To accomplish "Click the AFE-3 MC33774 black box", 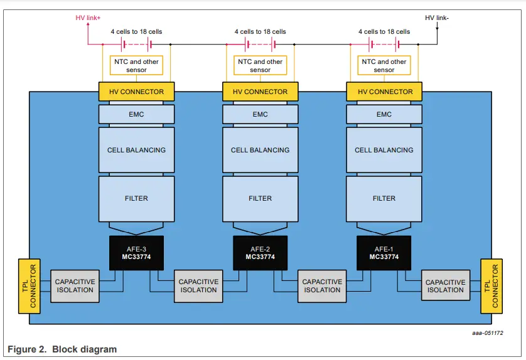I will (x=136, y=253).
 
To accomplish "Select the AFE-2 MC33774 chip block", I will (x=260, y=253).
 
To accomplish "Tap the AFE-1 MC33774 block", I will (x=384, y=253).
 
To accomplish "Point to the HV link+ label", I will (x=88, y=18).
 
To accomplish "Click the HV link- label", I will (x=437, y=18).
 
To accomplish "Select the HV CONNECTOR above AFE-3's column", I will (x=136, y=92).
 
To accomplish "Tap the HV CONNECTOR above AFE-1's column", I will (x=384, y=92).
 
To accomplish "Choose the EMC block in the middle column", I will (x=260, y=114).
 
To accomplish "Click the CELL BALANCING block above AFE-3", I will (x=136, y=150).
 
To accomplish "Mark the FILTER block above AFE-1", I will (x=384, y=198).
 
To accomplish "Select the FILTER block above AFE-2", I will (x=260, y=198).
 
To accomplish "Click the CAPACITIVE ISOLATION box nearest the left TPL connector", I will (x=75, y=286).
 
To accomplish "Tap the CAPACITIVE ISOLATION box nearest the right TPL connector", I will (x=446, y=286).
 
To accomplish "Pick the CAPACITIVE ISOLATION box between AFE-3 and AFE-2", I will (x=198, y=286).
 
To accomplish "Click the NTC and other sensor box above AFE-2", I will (x=260, y=66).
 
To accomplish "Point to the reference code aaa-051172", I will (x=488, y=333).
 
